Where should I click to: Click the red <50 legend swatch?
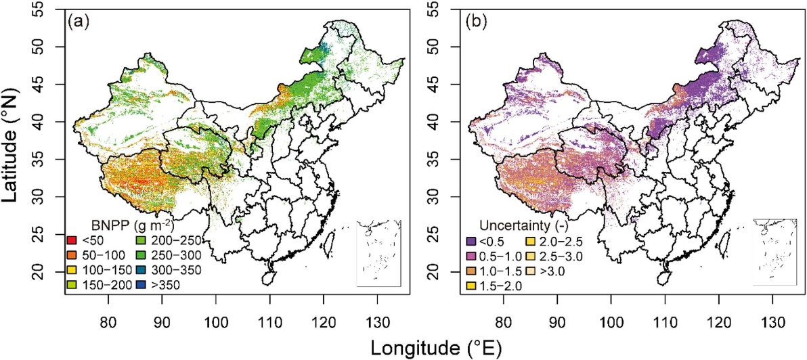[x=71, y=240]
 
